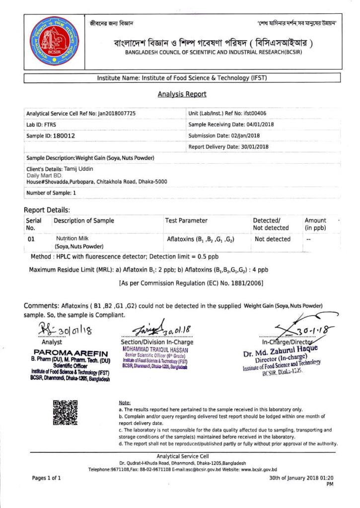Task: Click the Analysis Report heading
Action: pyautogui.click(x=182, y=94)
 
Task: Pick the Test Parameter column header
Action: pyautogui.click(x=186, y=220)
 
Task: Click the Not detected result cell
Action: pyautogui.click(x=273, y=239)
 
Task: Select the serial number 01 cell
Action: pyautogui.click(x=31, y=239)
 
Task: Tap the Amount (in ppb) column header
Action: pyautogui.click(x=315, y=224)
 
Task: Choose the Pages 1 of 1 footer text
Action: pyautogui.click(x=47, y=478)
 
